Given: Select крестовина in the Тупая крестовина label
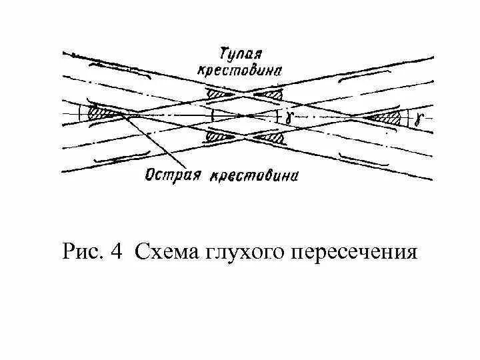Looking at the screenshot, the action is click(x=239, y=69).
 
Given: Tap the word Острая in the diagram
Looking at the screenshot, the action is click(x=175, y=175).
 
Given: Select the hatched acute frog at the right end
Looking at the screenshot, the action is click(x=386, y=119).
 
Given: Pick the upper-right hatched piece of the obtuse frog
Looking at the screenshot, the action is click(x=273, y=97).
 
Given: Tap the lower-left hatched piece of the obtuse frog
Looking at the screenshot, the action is click(x=220, y=137).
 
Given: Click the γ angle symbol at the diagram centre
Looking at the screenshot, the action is click(x=287, y=115).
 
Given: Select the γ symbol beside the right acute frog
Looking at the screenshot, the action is click(x=417, y=120).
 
